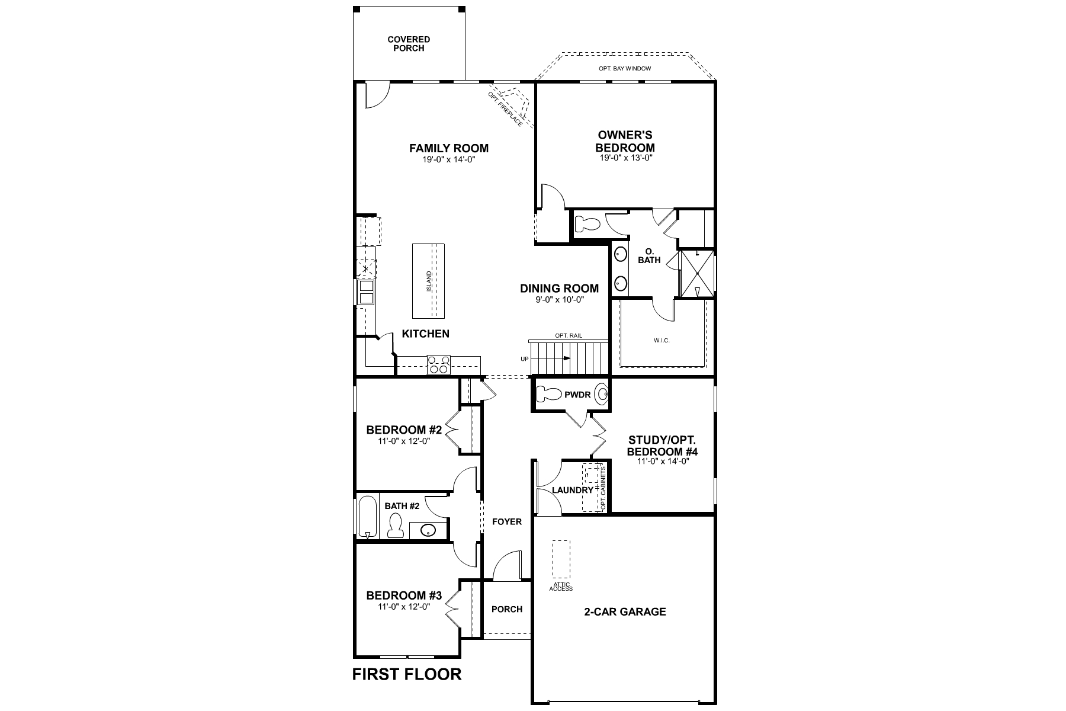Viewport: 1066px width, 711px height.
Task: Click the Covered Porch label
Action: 409,44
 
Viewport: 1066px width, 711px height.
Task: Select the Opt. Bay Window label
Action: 625,69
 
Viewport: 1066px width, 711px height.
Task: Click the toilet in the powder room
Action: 548,394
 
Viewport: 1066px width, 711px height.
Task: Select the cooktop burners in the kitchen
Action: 439,364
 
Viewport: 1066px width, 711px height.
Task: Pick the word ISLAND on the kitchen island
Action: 429,281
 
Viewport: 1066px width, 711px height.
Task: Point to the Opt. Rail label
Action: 569,336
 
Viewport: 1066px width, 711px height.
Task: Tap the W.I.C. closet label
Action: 662,341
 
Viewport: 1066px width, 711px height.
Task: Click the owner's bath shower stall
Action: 696,274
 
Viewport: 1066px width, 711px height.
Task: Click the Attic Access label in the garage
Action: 561,587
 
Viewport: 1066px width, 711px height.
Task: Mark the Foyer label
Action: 507,521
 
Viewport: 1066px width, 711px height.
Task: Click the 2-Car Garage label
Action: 625,611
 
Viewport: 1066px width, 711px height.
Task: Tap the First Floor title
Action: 407,674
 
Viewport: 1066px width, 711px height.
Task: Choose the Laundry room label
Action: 572,491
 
